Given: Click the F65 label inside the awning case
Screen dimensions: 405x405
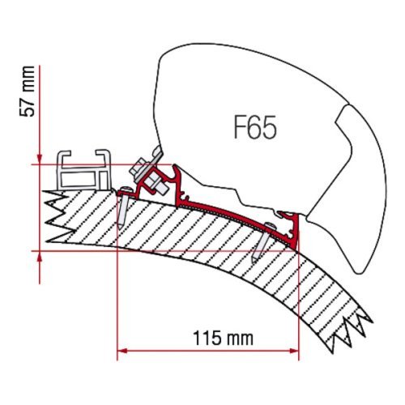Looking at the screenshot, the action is point(255,127).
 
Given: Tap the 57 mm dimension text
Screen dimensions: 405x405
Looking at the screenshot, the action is point(28,92).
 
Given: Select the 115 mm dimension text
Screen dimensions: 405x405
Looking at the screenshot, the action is point(224,339).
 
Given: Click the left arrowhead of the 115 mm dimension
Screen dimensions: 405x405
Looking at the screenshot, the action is point(122,351).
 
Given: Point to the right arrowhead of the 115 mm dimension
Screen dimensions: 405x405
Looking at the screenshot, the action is point(294,351).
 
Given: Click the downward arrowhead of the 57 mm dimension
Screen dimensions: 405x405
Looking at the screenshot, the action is point(40,159).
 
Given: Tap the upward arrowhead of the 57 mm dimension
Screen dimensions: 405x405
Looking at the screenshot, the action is point(40,256).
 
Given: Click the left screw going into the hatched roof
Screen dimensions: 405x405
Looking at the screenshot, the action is point(124,207).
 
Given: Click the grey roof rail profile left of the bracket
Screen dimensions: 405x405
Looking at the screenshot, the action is point(83,170).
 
